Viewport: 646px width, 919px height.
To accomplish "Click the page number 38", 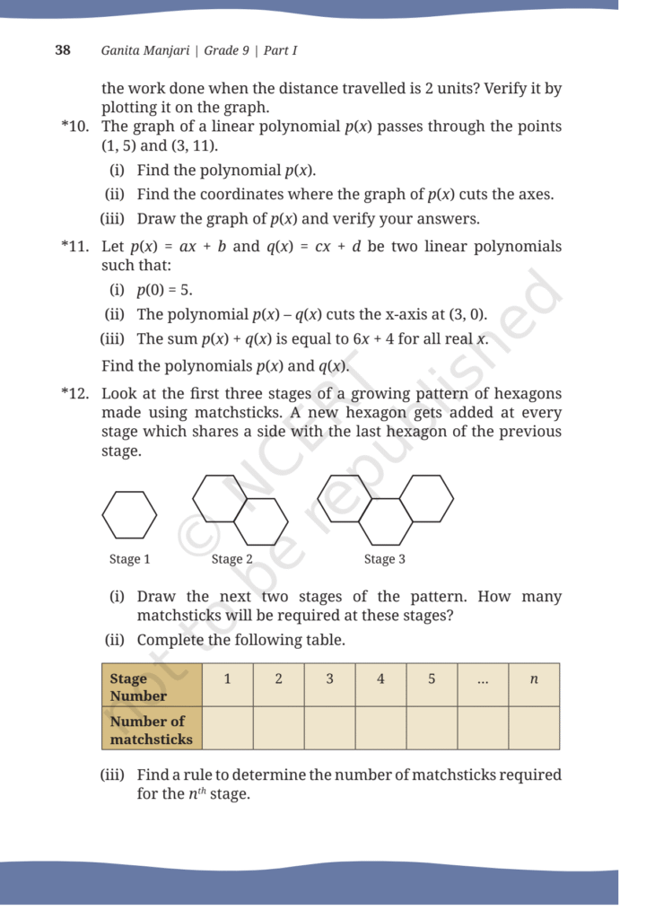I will pos(63,50).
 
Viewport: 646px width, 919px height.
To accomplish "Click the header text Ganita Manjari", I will pos(145,50).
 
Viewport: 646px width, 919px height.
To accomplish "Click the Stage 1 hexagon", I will pos(129,515).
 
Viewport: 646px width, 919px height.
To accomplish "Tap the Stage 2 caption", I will pos(231,559).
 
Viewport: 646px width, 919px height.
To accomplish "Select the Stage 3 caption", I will pos(384,559).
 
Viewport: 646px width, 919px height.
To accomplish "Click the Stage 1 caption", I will pos(129,559).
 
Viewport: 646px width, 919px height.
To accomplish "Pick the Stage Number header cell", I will pos(152,687).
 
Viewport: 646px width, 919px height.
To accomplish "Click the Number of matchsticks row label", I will pos(152,730).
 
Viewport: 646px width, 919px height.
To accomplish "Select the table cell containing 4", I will pos(380,680).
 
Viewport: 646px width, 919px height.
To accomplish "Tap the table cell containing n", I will pos(534,680).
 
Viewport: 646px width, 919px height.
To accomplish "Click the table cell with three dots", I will pos(483,680).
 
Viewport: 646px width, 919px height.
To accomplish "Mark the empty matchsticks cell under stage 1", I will pos(228,728).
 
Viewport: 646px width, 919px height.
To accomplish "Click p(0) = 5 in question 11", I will pos(164,290).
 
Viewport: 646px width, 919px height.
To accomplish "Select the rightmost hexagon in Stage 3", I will pos(426,498).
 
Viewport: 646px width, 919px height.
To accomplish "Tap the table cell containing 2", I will pos(278,680).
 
